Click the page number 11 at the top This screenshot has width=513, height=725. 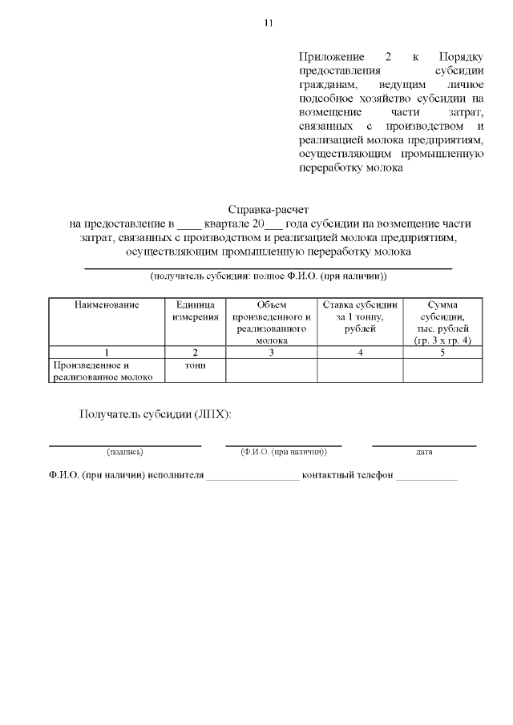269,22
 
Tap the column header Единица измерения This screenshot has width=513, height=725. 195,311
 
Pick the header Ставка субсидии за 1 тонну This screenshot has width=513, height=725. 360,316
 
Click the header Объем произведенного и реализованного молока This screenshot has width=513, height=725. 272,322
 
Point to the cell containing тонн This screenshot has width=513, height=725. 195,365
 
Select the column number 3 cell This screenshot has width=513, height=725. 272,352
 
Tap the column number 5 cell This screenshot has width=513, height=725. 443,352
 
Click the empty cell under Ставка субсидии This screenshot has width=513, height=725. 360,371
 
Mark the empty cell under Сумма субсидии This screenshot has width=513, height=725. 443,371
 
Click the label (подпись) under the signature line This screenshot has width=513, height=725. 125,452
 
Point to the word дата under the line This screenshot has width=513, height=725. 424,452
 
